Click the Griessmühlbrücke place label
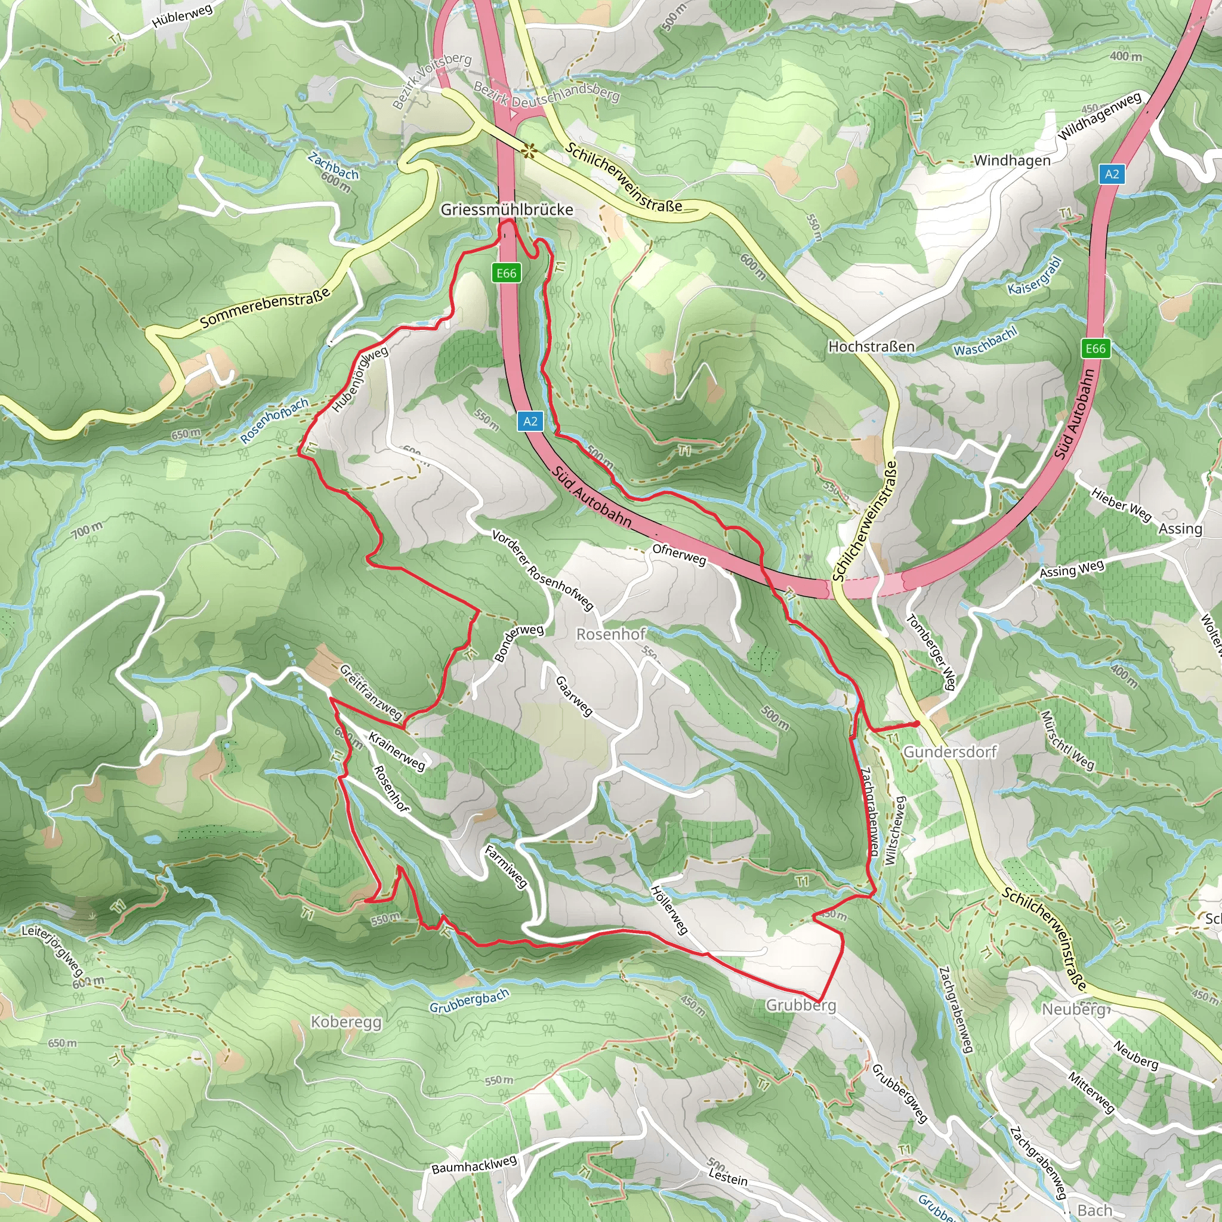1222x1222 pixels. point(507,209)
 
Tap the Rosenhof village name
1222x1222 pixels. point(610,634)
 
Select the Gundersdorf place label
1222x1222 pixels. point(949,751)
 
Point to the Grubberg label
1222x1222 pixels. point(800,1005)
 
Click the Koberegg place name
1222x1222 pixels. point(346,1022)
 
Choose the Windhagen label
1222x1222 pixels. point(1011,160)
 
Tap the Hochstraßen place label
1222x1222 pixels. point(871,347)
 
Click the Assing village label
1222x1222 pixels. point(1180,529)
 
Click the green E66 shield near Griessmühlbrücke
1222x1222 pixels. point(506,273)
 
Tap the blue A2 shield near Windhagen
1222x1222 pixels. point(1112,174)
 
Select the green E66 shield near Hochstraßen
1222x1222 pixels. point(1096,348)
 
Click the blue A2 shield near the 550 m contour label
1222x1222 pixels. point(530,421)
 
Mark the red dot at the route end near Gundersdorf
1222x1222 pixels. point(916,724)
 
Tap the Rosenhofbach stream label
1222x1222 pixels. point(274,421)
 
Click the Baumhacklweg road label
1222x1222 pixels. point(474,1165)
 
